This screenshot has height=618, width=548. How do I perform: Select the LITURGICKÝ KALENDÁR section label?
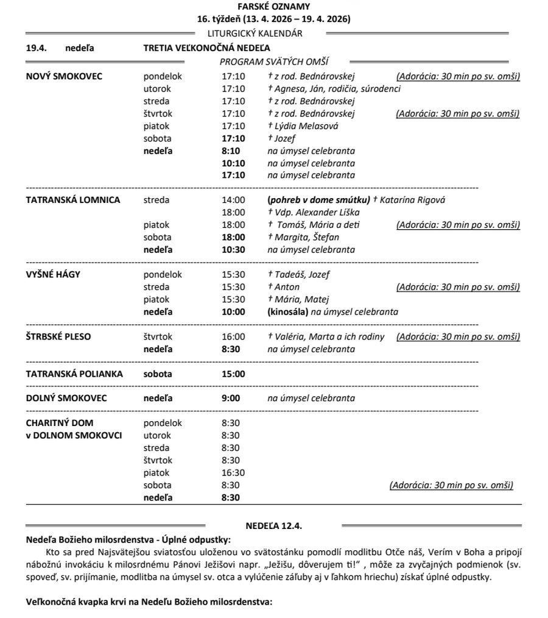pos(263,34)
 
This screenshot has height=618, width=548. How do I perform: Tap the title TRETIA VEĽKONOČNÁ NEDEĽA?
pos(207,48)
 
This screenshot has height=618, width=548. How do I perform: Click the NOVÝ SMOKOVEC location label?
pos(65,76)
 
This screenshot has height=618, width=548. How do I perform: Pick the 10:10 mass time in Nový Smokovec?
pos(233,163)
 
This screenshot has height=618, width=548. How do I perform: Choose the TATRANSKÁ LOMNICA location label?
pos(73,200)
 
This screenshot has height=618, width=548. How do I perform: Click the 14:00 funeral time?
pos(233,200)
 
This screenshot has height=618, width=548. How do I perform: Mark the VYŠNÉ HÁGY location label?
pos(54,274)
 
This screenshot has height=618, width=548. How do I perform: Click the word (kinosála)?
pos(288,312)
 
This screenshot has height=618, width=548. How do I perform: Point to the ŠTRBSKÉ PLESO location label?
pos(59,336)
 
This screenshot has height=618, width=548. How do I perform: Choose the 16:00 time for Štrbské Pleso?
pos(233,336)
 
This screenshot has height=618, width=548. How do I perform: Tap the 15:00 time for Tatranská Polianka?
pos(233,374)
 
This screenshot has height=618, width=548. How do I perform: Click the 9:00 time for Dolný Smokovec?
pos(231,399)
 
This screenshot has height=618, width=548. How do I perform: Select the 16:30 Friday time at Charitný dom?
pos(233,473)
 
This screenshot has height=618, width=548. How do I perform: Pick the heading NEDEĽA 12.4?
pos(274,525)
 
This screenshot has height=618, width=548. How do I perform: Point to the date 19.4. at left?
pos(35,48)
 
